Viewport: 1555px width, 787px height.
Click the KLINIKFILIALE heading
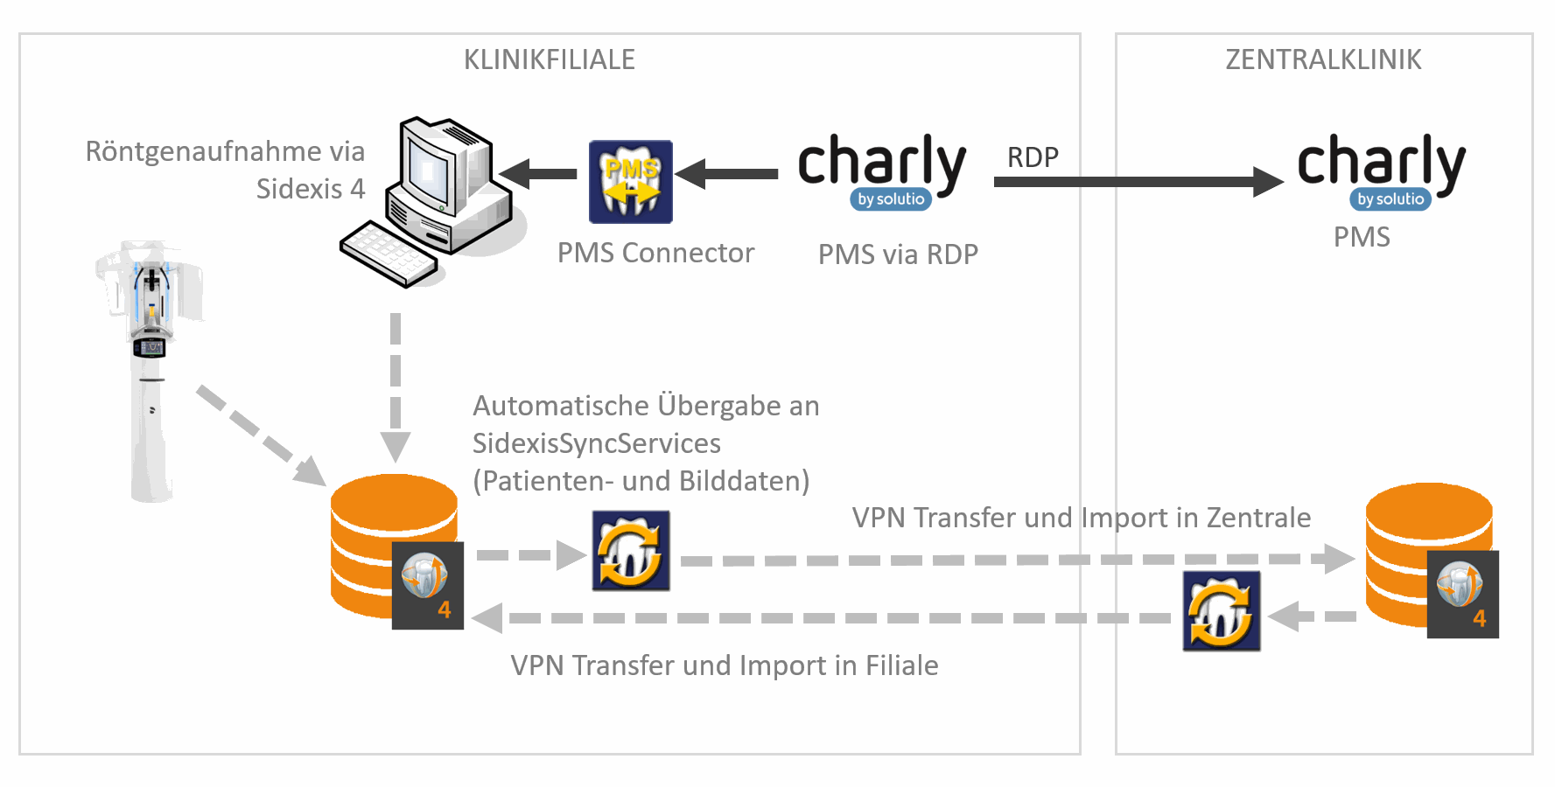tap(549, 59)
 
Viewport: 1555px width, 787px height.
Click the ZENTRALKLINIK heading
tap(1323, 59)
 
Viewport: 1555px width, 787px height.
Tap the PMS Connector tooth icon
tap(630, 182)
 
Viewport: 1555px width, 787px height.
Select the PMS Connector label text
tap(655, 253)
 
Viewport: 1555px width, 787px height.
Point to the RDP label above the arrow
tap(1033, 157)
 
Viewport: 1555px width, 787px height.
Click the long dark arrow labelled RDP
tap(1138, 182)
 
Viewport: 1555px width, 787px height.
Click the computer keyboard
tap(388, 254)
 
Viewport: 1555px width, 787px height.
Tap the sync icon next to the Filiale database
tap(631, 551)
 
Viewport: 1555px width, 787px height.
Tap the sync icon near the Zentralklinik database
tap(1221, 611)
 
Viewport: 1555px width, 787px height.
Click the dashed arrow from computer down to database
tap(396, 385)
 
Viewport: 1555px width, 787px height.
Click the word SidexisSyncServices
tap(596, 443)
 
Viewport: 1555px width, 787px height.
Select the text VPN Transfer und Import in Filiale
tap(724, 665)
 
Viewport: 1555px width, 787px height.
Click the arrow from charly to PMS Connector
tap(726, 174)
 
